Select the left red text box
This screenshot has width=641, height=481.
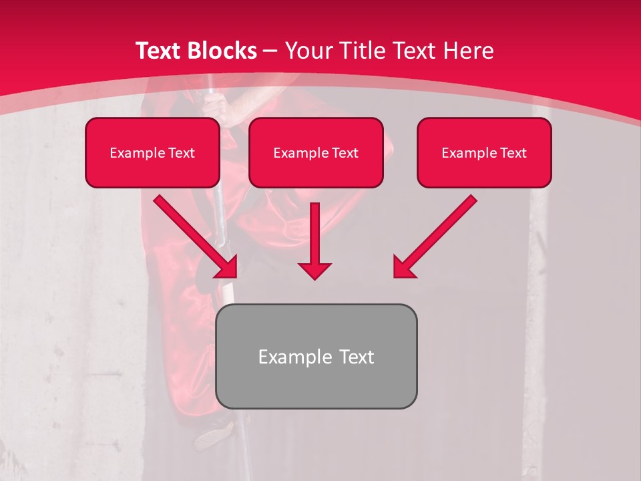[152, 152]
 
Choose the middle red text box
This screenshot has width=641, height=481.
[316, 152]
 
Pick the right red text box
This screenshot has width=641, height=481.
[484, 152]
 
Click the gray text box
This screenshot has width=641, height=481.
[316, 356]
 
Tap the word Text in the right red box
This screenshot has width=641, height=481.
[513, 153]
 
